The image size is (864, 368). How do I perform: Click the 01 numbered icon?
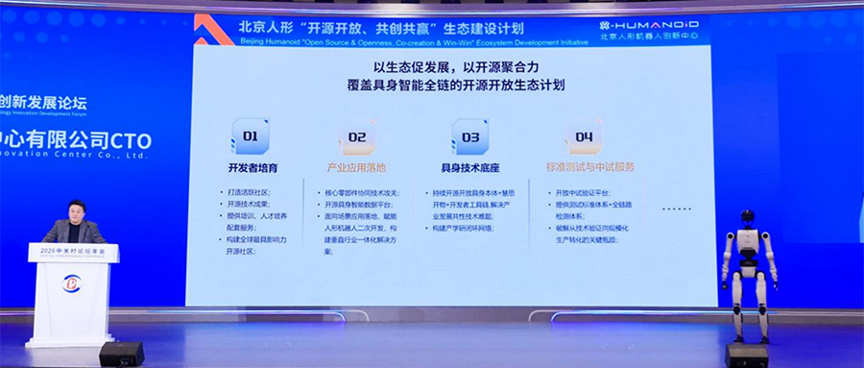[x=248, y=137]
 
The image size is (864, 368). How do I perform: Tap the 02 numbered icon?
[x=356, y=137]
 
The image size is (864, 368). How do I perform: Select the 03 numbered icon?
[x=470, y=137]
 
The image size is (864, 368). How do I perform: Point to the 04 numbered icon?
[x=584, y=137]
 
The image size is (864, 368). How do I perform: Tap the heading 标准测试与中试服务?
[x=589, y=168]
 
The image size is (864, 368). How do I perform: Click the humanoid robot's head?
[x=747, y=220]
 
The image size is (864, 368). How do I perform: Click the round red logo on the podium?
[x=72, y=284]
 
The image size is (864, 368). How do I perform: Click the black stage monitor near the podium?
[x=122, y=354]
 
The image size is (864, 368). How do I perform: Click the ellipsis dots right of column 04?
[x=678, y=208]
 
